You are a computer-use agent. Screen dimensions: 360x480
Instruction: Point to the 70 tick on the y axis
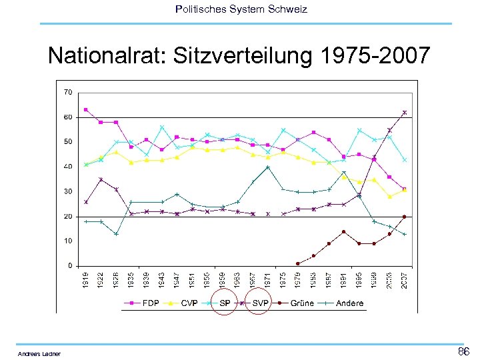click(x=68, y=91)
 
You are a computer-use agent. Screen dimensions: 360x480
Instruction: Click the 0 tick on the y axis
click(x=70, y=265)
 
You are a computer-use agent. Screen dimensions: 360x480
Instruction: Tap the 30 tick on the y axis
click(x=68, y=191)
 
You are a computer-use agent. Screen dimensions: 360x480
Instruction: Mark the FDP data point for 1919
click(x=85, y=109)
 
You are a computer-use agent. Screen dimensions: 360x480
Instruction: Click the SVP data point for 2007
click(x=405, y=112)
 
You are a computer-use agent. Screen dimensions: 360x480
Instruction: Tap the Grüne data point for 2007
click(x=405, y=217)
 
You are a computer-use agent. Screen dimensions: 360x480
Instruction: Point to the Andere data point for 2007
click(x=405, y=234)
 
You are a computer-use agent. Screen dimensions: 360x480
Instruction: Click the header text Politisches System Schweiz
click(x=241, y=9)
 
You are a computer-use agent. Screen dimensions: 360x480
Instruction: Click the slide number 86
click(x=463, y=351)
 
